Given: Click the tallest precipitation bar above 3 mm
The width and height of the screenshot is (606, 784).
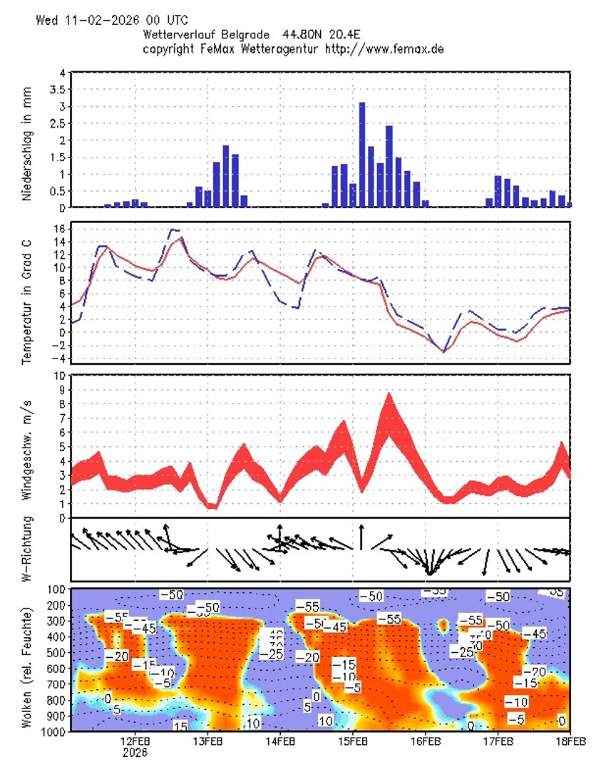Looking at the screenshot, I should pos(362,155).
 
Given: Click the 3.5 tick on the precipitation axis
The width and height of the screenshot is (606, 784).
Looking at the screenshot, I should pos(61,90).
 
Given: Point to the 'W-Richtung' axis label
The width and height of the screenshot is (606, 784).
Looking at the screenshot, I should pos(27,551).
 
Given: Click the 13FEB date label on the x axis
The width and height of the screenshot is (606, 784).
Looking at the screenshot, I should pos(207,742).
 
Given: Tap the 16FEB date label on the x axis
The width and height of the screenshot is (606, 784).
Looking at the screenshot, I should pos(426,742).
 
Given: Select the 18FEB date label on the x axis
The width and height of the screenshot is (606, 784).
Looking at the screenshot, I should pos(570,742).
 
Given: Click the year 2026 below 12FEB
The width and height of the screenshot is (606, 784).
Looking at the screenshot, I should pos(135,753).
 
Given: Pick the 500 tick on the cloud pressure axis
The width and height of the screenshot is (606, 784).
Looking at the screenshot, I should pos(57,653).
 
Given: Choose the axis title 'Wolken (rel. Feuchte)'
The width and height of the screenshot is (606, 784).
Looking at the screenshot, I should pos(27,666).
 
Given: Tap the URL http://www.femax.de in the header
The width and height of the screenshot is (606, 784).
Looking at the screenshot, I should pos(385,49).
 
